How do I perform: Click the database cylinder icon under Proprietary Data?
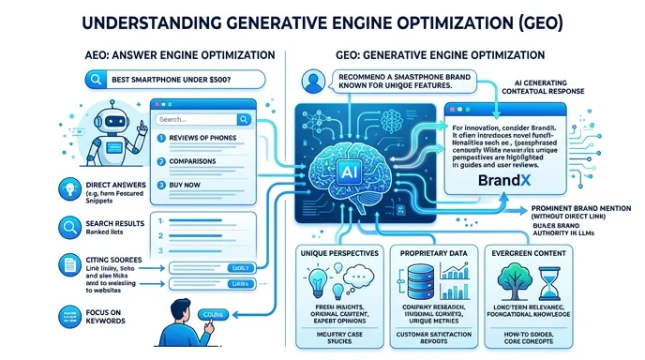coord(417,278)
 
